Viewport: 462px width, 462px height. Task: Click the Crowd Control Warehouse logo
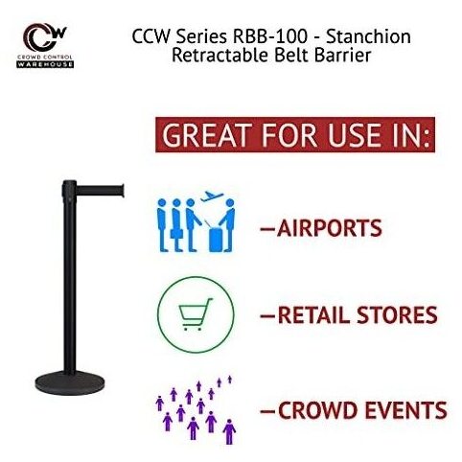coord(45,45)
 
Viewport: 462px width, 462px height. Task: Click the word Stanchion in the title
coord(368,36)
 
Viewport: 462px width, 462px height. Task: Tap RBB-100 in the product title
coord(269,36)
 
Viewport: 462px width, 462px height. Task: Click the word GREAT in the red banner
coord(207,135)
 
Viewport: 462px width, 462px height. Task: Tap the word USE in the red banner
coord(355,135)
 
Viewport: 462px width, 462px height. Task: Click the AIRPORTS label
coord(330,228)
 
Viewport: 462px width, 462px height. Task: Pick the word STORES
coord(397,315)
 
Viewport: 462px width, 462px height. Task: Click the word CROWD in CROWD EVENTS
coord(319,410)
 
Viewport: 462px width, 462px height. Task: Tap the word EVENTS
coord(406,410)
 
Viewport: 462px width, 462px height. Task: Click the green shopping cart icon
coord(196,314)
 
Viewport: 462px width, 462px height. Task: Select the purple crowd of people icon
coord(196,410)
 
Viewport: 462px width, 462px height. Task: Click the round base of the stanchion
coord(70,381)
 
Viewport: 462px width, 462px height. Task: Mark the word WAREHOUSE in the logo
coord(45,64)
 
